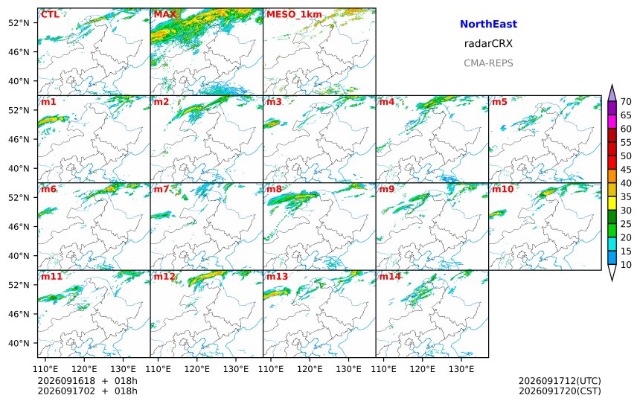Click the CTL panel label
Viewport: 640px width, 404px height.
[50, 14]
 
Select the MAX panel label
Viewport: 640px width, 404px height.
[165, 14]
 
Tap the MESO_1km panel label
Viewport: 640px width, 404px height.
[294, 15]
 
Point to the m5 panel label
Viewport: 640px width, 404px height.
[499, 102]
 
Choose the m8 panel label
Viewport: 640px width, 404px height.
[275, 189]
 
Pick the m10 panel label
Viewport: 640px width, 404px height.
[502, 189]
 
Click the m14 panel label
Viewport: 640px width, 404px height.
[390, 276]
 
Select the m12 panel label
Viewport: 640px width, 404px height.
[164, 276]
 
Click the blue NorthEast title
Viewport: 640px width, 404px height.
[488, 24]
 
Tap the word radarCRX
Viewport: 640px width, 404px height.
[488, 44]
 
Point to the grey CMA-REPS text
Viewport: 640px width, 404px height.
[488, 63]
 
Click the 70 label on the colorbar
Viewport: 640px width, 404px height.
[626, 102]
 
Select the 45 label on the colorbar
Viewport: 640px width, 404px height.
[626, 170]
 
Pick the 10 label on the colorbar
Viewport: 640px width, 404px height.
[626, 265]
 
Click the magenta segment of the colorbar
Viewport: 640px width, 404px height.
[612, 121]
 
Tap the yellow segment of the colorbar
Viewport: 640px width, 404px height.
[612, 203]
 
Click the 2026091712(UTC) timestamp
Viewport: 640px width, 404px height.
[560, 381]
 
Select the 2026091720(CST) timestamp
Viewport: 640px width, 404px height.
[560, 391]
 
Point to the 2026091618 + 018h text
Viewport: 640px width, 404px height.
[87, 381]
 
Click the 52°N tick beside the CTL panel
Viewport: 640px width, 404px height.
[19, 23]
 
